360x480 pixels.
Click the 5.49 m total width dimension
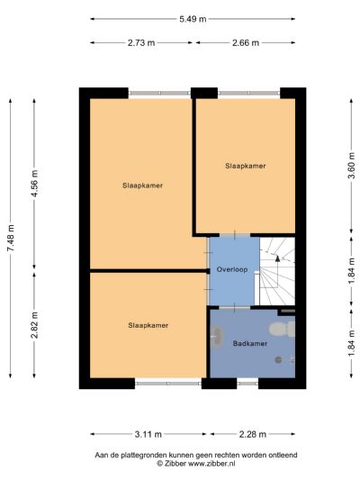(193, 18)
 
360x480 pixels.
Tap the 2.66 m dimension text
(244, 42)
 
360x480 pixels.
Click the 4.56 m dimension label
(35, 182)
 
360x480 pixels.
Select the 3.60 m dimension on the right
(350, 168)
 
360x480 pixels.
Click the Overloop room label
(231, 269)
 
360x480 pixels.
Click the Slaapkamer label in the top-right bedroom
(245, 166)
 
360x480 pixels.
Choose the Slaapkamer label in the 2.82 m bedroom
(148, 325)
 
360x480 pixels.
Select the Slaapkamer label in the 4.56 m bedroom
(142, 186)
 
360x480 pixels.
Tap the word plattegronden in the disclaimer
(159, 455)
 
